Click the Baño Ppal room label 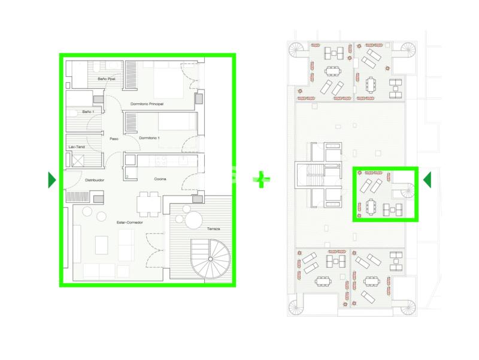point(107,79)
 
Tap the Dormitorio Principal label point(147,104)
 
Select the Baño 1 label point(88,112)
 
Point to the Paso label point(114,139)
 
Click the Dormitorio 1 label point(149,138)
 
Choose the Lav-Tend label point(77,147)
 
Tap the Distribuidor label point(95,180)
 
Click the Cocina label point(160,179)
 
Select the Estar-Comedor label point(130,223)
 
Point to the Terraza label point(214,229)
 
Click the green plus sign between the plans point(261,179)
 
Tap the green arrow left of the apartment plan point(52,180)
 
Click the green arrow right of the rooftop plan point(427,179)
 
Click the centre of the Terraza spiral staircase point(211,259)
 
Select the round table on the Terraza point(193,220)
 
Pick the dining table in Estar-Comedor point(148,204)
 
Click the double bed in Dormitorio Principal point(168,80)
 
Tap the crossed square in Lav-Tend point(78,160)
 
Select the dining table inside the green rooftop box point(371,206)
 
